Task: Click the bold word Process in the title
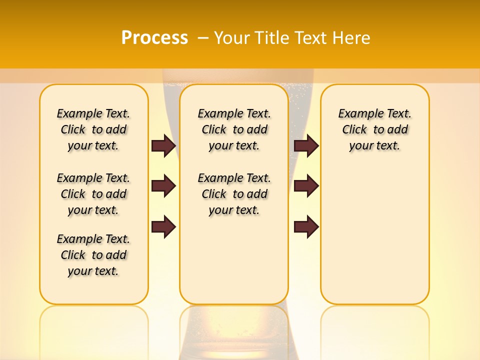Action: tap(154, 37)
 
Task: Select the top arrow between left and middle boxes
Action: tap(163, 145)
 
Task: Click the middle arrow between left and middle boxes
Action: tap(163, 186)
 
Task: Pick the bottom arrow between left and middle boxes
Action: tap(163, 227)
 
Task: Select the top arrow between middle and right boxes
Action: tap(306, 145)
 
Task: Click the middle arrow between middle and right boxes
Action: tap(306, 186)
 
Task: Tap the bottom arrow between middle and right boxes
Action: tap(306, 227)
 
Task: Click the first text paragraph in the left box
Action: tap(93, 129)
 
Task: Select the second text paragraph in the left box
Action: tap(93, 194)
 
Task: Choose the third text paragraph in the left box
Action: tap(93, 255)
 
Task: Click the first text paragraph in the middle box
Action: tap(234, 129)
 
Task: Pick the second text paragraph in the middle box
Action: tap(234, 194)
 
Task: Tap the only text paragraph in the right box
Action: tap(374, 129)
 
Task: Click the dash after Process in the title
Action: tap(203, 38)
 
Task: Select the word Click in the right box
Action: tap(354, 130)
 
